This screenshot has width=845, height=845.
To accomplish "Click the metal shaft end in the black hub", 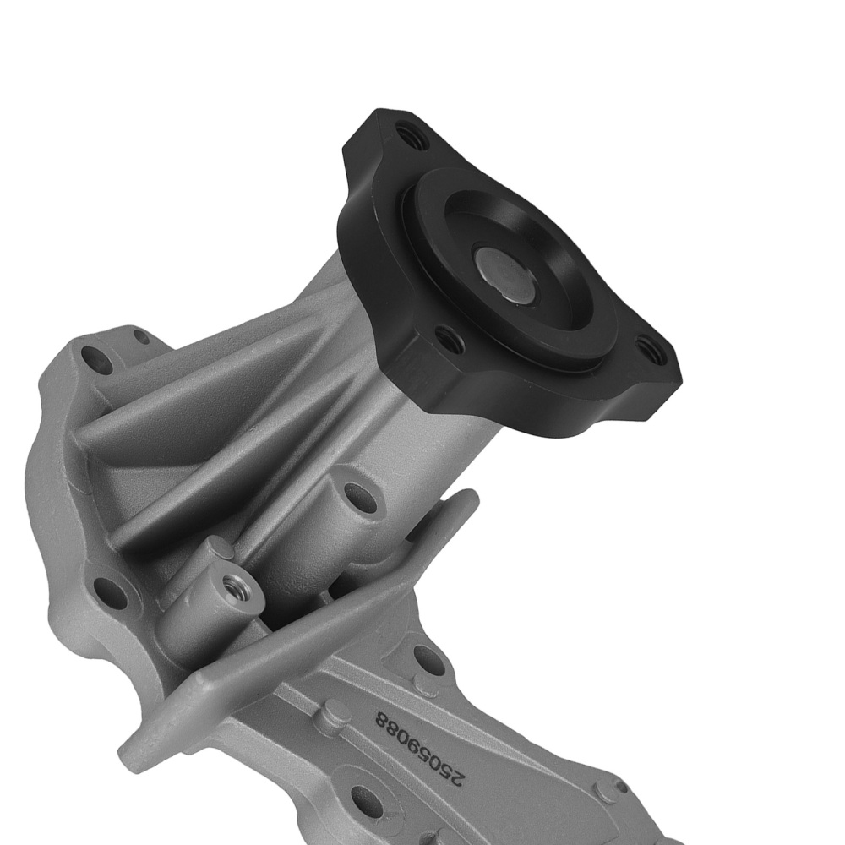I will pyautogui.click(x=505, y=273).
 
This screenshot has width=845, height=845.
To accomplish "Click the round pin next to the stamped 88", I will pyautogui.click(x=335, y=714).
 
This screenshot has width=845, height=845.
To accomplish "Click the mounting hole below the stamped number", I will pyautogui.click(x=365, y=798).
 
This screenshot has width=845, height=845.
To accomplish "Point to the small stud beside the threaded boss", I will pyautogui.click(x=221, y=549).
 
